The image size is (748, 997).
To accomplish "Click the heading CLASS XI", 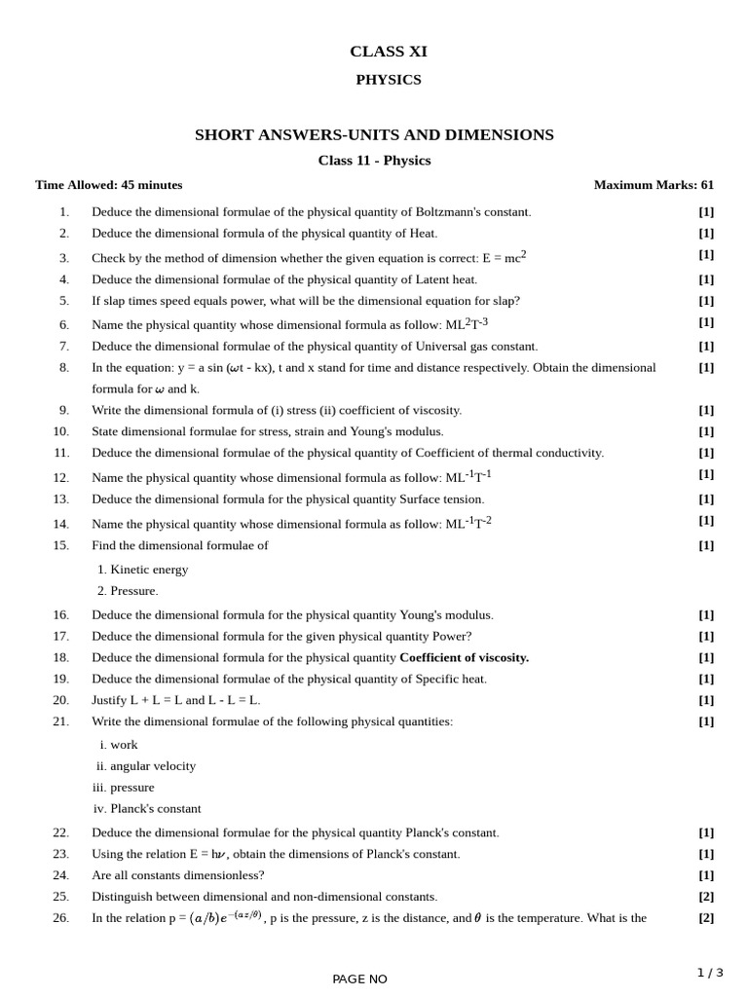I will [388, 52].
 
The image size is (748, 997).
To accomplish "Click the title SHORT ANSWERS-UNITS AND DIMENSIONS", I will [374, 135].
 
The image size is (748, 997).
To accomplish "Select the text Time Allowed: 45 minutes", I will [108, 185].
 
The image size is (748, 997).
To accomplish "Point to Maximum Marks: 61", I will [654, 185].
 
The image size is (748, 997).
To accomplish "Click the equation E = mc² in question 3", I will [504, 257].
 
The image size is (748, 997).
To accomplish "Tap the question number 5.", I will [63, 301].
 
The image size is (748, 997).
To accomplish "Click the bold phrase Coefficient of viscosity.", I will [464, 657].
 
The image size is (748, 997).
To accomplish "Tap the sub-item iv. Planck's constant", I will [147, 809].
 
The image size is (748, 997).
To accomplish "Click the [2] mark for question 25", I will [706, 897].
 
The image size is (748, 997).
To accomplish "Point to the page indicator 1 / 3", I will [710, 973].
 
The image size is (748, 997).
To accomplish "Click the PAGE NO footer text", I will [359, 979].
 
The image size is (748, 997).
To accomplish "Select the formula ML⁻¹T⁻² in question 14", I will [468, 523].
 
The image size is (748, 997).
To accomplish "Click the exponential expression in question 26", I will [226, 917].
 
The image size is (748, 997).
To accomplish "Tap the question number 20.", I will [60, 700].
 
